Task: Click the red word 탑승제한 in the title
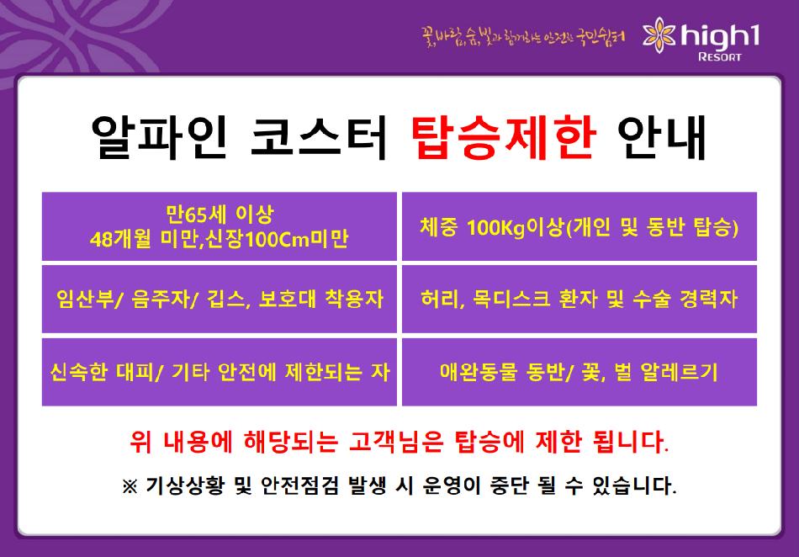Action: tap(504, 136)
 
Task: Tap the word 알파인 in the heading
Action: tap(159, 136)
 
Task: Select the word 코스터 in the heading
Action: tap(319, 136)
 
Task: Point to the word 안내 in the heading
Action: tap(662, 136)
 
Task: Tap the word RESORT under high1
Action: tap(719, 56)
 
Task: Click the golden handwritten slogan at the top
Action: tap(523, 38)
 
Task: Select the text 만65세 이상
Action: tap(220, 215)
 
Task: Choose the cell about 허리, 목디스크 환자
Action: tap(579, 299)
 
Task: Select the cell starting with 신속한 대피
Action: tap(220, 372)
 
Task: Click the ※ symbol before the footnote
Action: tap(130, 485)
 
